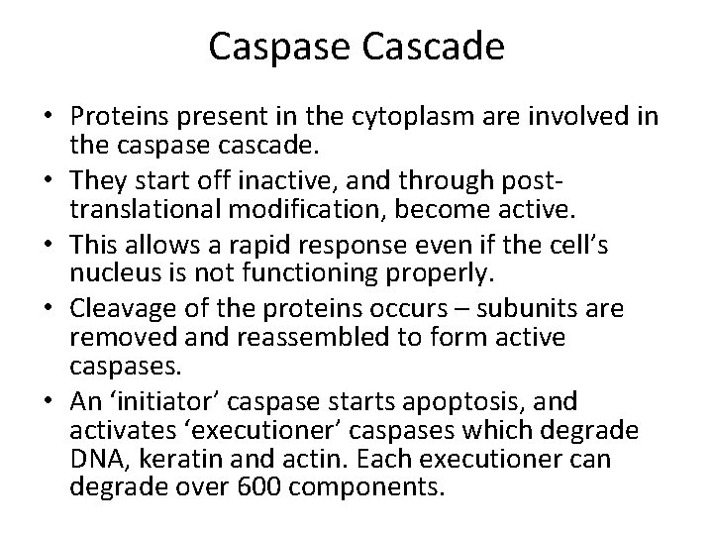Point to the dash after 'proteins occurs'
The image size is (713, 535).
point(461,310)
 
